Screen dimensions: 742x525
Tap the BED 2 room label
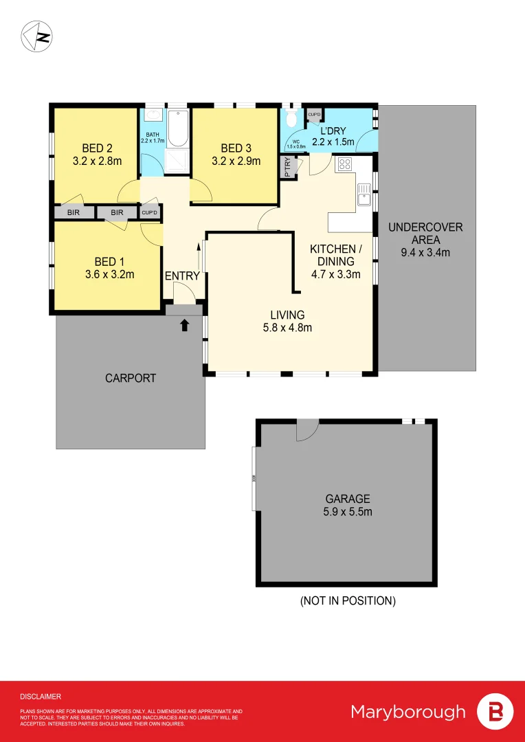[x=97, y=148]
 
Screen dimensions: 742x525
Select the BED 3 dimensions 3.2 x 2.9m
[x=235, y=161]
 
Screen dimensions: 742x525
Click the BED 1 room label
[x=104, y=262]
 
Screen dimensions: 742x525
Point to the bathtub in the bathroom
[x=177, y=129]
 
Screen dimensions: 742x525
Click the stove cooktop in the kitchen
[x=344, y=165]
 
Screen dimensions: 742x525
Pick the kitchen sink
[x=364, y=199]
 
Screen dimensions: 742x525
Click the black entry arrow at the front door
[x=184, y=326]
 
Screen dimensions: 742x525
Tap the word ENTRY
[x=182, y=276]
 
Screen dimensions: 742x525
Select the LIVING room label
[x=287, y=315]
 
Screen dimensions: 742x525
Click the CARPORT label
[x=131, y=378]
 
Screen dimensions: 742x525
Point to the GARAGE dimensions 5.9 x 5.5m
[x=348, y=512]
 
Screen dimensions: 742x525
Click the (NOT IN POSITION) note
[x=348, y=600]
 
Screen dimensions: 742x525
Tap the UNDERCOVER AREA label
[x=425, y=234]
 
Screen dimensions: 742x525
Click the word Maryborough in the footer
[x=408, y=711]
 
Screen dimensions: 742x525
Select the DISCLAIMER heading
[x=41, y=697]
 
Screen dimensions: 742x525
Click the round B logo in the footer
[x=495, y=711]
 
